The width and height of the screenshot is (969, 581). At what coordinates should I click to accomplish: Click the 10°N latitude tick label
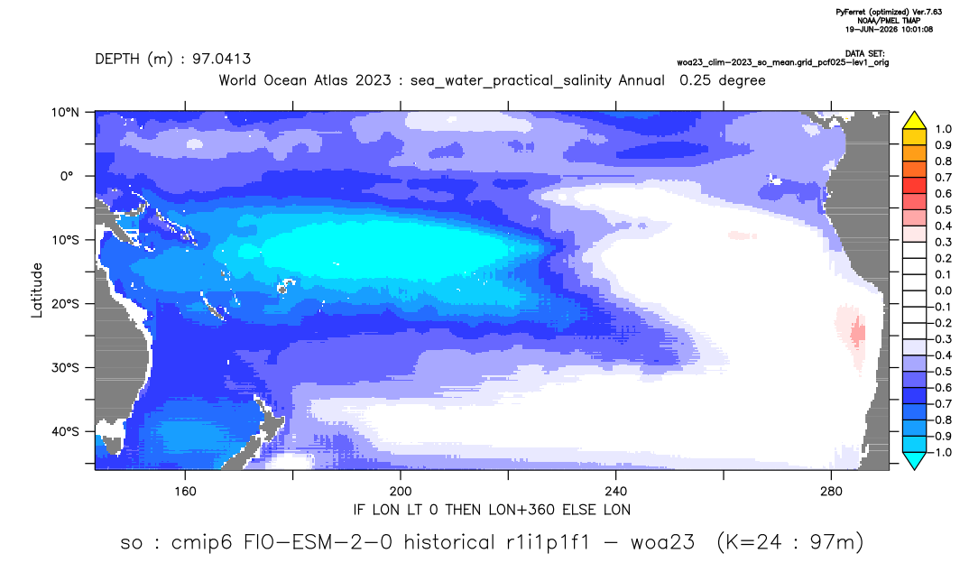(65, 113)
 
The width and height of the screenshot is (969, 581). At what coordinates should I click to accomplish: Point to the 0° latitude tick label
(68, 176)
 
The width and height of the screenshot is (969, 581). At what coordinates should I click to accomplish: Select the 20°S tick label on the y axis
(65, 304)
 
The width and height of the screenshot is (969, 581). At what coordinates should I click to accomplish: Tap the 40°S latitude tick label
(65, 431)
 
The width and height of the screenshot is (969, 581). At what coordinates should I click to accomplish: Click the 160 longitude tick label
(185, 492)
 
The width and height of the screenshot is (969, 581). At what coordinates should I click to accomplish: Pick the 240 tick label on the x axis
(616, 492)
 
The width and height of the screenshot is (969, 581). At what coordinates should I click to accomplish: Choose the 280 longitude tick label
(831, 492)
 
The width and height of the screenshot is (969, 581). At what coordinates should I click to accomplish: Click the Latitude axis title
(37, 290)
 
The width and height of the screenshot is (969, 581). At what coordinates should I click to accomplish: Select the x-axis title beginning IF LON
(492, 510)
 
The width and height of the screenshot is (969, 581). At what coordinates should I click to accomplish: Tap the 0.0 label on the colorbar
(943, 291)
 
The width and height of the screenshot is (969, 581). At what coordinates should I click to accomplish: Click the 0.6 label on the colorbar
(943, 194)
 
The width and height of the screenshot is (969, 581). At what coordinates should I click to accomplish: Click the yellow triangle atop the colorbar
(915, 121)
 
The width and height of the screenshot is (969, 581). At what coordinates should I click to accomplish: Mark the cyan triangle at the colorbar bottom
(915, 460)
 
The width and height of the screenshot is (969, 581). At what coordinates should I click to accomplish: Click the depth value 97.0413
(221, 60)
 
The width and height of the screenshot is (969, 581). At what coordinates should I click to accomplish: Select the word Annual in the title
(641, 80)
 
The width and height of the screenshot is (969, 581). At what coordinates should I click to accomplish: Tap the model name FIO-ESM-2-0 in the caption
(318, 543)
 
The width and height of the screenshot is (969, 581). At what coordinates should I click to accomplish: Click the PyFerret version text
(889, 13)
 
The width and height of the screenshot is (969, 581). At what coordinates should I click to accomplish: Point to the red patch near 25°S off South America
(857, 334)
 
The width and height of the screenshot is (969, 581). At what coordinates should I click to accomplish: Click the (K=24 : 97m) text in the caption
(789, 543)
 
